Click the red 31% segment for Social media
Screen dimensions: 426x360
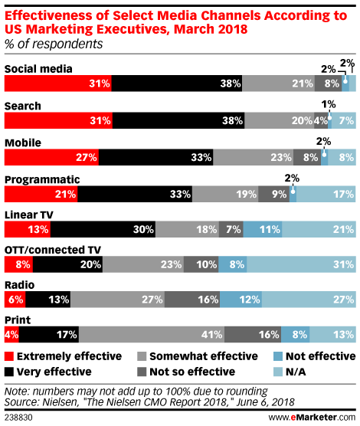pyautogui.click(x=58, y=84)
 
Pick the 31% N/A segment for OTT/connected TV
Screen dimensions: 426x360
pyautogui.click(x=301, y=264)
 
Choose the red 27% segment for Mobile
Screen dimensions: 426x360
pyautogui.click(x=52, y=156)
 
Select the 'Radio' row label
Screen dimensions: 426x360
pyautogui.click(x=21, y=285)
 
